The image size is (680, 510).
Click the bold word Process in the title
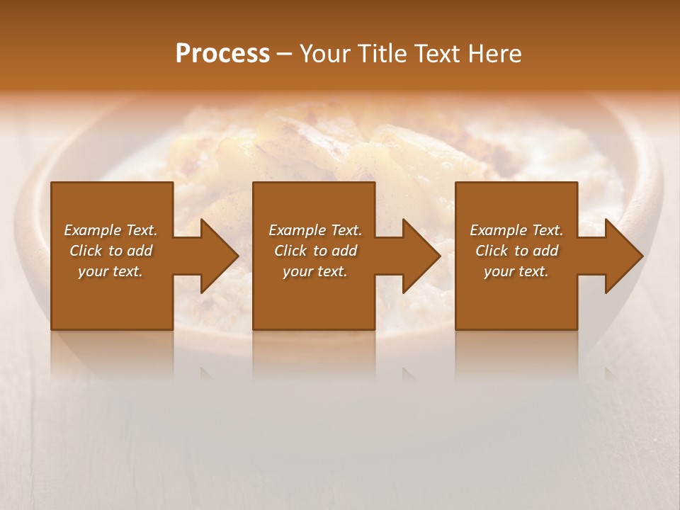click(222, 54)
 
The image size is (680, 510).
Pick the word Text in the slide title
click(436, 54)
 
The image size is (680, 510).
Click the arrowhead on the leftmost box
click(216, 256)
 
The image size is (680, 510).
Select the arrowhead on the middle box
click(418, 256)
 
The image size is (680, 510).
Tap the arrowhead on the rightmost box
click(620, 256)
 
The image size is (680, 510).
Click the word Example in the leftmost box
click(93, 230)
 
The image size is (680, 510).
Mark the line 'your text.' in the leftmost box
click(110, 271)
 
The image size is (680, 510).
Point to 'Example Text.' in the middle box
click(315, 230)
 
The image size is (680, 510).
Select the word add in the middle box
click(344, 251)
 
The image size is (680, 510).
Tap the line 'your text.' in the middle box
click(315, 271)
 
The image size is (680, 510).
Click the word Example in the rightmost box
click(498, 230)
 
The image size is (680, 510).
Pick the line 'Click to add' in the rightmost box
click(517, 251)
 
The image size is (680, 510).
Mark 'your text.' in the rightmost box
click(516, 271)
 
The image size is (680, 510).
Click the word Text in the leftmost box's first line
click(142, 230)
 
